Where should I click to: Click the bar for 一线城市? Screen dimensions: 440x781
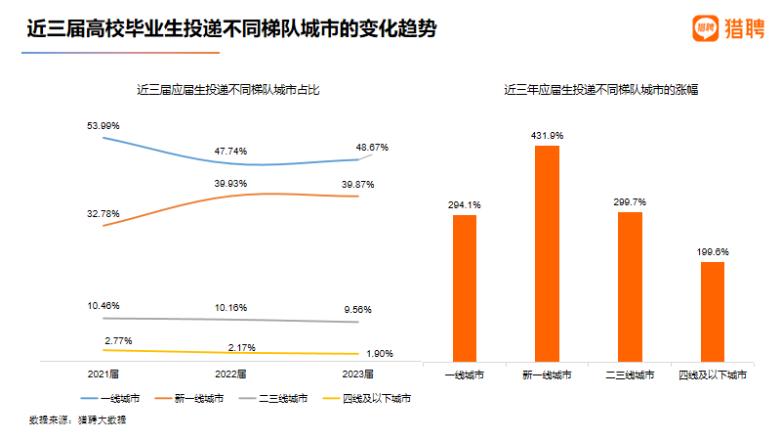coord(465,287)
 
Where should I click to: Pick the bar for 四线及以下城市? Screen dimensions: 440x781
coord(714,311)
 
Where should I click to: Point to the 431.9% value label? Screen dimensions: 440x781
coord(548,135)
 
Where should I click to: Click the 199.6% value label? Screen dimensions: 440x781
coord(714,251)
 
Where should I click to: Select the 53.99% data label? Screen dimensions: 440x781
coord(103,126)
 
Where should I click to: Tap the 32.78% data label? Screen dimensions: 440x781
coord(103,213)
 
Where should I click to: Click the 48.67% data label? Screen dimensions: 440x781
coord(372,148)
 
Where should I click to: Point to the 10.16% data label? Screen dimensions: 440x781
coord(230,308)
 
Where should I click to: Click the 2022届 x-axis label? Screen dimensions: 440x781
coord(230,374)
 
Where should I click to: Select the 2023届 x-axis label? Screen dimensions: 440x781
coord(358,374)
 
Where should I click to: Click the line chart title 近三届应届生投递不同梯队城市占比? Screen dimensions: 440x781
coord(228,90)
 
